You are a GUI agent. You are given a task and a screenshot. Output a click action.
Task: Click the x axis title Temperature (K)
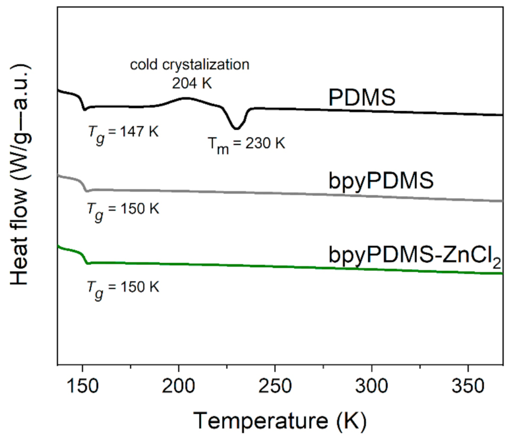(280, 417)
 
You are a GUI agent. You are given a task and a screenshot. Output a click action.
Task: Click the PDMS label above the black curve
(362, 97)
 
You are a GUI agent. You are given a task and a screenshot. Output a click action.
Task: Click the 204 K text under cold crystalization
(190, 83)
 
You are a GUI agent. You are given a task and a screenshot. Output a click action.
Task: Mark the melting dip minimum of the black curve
(236, 128)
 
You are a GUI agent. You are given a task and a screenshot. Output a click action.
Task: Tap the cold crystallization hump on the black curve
(186, 98)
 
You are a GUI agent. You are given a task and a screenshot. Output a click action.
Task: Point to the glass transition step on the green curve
(85, 258)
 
